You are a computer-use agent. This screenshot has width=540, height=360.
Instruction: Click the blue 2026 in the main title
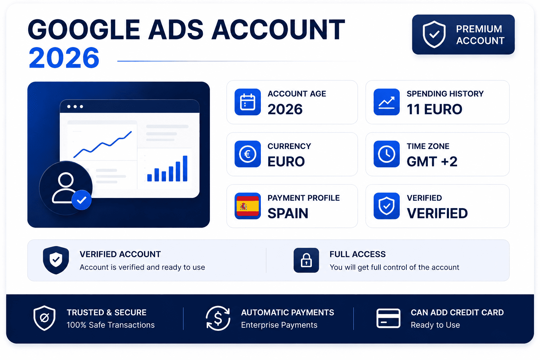64,58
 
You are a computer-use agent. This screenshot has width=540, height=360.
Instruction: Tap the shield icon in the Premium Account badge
434,34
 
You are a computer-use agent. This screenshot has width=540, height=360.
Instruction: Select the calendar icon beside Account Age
247,102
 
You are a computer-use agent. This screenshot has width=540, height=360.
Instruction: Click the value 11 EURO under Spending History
435,109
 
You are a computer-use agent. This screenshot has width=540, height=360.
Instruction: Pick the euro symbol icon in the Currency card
247,154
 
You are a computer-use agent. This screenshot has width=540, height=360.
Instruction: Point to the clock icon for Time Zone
387,154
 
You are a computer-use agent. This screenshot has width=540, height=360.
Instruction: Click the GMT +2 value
432,161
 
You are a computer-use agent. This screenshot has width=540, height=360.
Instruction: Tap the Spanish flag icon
247,206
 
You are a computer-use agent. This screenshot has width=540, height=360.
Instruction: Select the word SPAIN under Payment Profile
288,213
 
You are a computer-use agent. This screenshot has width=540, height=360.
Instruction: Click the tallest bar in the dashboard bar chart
185,168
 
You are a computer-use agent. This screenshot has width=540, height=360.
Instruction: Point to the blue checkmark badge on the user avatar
82,200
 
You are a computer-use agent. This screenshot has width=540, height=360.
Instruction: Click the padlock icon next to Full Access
306,260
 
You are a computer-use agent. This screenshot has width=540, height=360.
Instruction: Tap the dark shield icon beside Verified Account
56,260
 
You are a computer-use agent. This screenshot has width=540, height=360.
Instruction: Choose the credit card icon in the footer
388,318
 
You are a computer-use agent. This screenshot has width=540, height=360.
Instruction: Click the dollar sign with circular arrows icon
218,318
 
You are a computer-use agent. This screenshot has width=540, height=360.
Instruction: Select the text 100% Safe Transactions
111,325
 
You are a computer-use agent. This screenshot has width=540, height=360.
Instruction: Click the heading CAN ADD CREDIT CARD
457,313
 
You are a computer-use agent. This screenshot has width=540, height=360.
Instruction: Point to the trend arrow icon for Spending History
387,102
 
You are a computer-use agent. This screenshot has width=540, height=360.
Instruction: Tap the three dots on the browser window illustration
75,107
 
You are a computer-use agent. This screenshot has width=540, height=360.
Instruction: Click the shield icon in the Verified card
387,206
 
